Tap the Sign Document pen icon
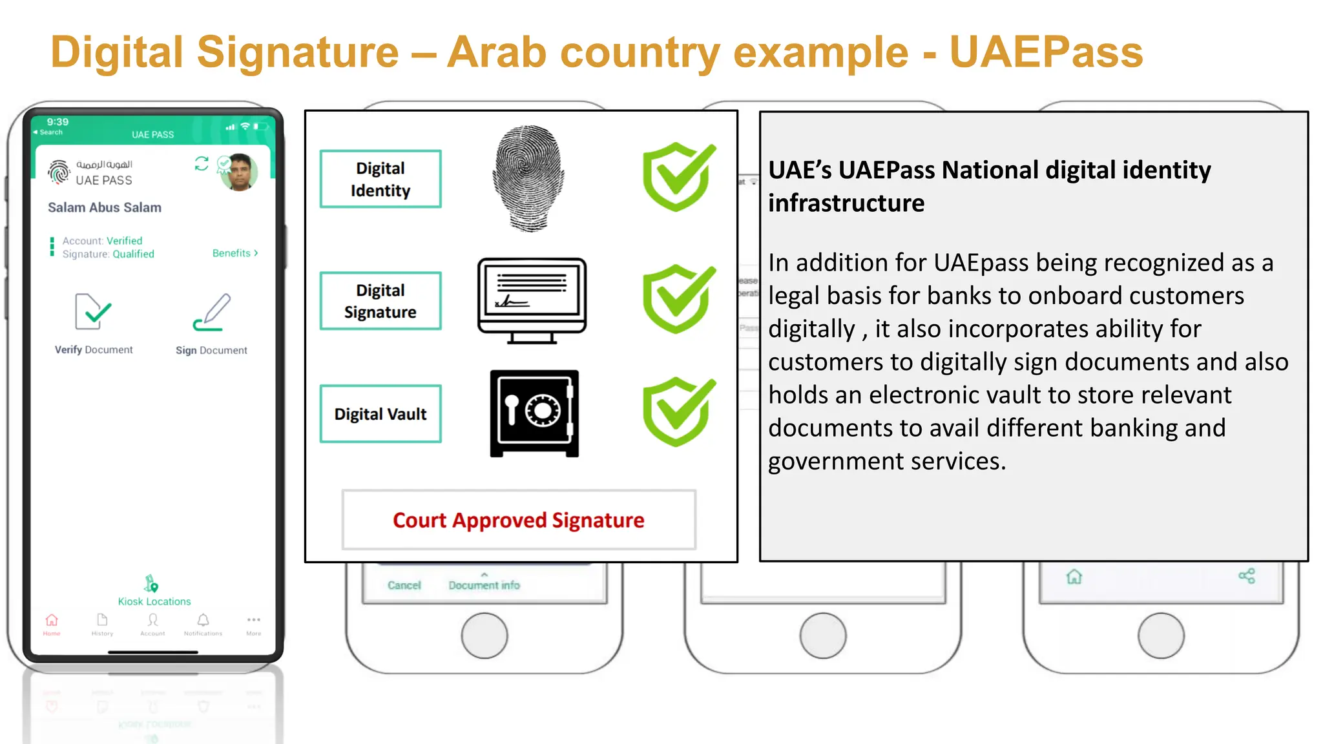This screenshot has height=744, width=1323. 212,312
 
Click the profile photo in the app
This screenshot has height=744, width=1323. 239,172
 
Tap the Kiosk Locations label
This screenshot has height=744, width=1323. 154,601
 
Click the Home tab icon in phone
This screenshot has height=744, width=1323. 52,621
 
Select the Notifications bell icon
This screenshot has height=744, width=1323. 203,621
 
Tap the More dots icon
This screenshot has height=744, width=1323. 254,620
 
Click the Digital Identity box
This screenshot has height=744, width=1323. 380,179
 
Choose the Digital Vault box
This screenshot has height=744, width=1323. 380,414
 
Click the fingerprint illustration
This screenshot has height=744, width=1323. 529,178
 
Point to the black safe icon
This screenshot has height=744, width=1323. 534,413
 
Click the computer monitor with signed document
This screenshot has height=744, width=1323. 532,301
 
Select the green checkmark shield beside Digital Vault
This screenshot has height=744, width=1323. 679,412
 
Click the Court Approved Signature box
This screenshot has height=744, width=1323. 519,520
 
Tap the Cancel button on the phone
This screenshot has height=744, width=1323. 404,585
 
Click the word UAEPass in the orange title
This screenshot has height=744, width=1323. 1046,52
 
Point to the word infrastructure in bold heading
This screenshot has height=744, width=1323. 846,203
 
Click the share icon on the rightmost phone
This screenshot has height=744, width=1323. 1247,576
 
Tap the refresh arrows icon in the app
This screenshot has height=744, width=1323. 202,163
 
